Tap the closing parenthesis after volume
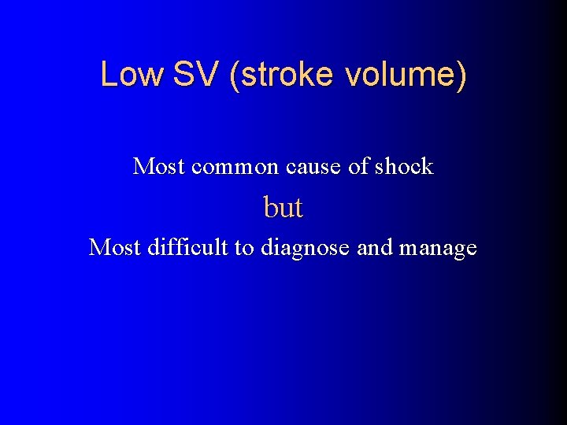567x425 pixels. coord(461,76)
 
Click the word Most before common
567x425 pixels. coord(159,166)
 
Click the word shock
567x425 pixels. coord(404,166)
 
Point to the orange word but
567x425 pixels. coord(283,207)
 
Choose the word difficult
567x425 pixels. coord(187,247)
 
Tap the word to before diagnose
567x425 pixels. coord(246,247)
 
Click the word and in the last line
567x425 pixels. coord(375,247)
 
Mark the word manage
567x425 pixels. coord(439,249)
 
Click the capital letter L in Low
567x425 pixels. coord(108,75)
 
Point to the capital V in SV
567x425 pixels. coord(202,75)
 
